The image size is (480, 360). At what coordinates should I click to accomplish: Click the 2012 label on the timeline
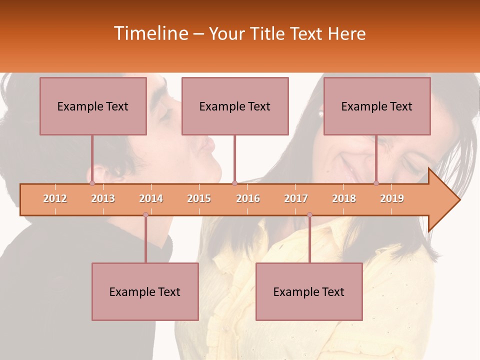[55, 198]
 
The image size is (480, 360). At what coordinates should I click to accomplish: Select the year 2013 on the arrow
[103, 198]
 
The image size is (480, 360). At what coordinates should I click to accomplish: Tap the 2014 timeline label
[151, 198]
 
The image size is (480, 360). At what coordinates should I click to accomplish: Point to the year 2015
[199, 198]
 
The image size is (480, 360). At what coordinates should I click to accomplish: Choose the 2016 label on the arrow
[248, 198]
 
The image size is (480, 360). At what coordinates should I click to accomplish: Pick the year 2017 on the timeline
[296, 198]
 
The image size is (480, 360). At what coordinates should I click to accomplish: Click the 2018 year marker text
[344, 198]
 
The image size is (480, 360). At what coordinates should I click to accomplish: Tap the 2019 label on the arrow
[392, 198]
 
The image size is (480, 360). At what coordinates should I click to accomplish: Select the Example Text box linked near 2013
[93, 106]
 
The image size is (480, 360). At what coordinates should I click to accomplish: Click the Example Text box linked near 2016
[235, 106]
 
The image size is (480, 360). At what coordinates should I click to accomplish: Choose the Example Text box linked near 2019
[377, 106]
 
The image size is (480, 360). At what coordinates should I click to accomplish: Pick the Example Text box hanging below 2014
[145, 291]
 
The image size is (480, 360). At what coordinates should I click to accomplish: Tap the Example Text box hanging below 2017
[309, 291]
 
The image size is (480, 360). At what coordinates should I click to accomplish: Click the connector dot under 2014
[145, 214]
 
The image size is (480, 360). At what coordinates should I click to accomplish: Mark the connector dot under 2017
[309, 214]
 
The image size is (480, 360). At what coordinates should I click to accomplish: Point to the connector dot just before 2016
[234, 183]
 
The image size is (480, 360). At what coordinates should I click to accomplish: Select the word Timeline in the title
[150, 33]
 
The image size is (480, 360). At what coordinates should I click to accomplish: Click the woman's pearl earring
[321, 114]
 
